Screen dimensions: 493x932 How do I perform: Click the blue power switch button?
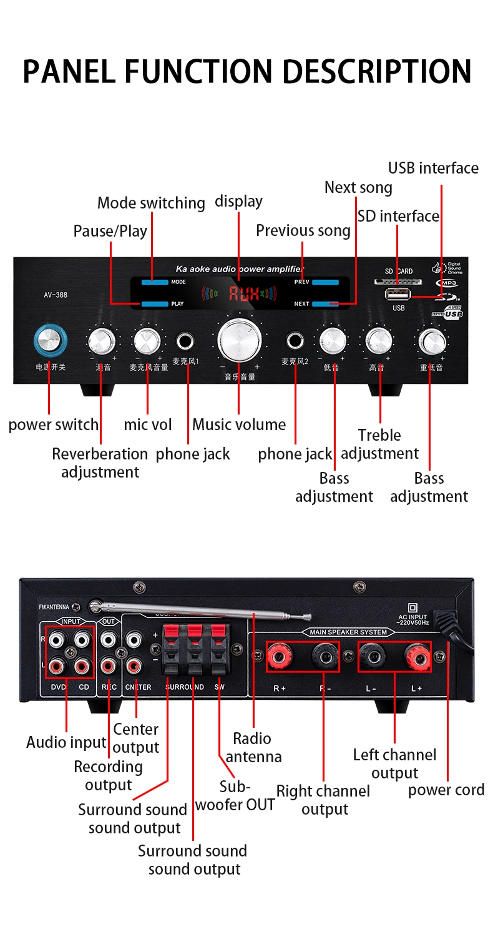48,341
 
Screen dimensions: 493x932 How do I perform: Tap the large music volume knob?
238,341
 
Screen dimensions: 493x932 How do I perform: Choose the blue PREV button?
326,282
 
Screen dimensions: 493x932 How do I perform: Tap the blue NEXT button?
326,304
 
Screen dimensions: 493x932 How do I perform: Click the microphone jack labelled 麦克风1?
186,341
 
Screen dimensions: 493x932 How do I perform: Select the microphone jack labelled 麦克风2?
295,341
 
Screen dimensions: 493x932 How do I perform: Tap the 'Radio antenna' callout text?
253,747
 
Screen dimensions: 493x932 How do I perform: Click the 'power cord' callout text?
446,790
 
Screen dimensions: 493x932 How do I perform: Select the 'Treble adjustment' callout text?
379,444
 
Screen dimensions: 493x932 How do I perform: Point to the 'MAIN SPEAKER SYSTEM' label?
348,632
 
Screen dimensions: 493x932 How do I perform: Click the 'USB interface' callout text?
433,168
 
